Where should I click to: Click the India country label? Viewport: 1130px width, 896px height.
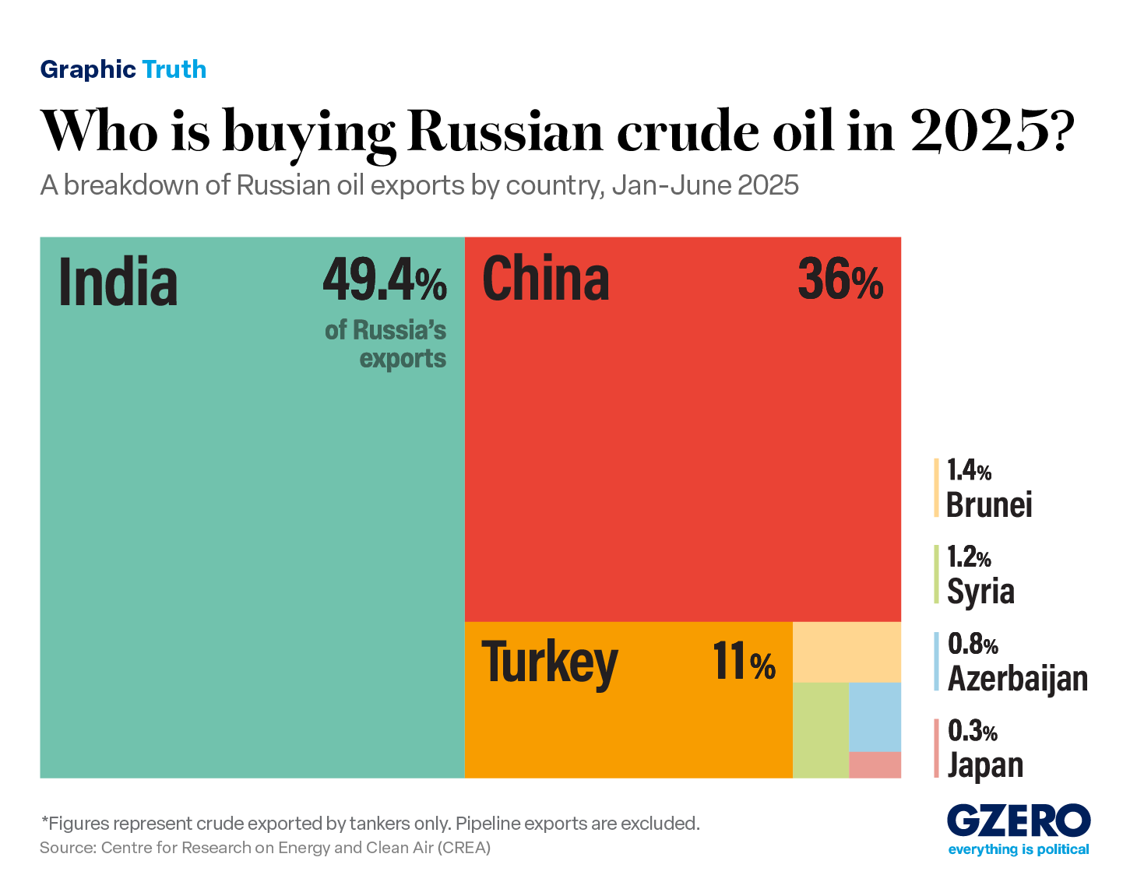tap(118, 281)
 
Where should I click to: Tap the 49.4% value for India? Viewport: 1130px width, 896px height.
tap(385, 281)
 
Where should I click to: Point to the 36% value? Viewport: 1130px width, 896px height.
tap(840, 280)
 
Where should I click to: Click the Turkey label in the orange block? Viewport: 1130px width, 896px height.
tap(550, 662)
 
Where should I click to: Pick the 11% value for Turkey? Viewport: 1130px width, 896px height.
tap(744, 662)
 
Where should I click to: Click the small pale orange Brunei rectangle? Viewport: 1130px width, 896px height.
tap(847, 652)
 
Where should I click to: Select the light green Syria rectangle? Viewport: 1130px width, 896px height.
tap(820, 729)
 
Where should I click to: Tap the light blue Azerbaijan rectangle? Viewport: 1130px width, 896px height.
tap(875, 716)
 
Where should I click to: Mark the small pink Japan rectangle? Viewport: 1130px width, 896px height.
tap(875, 764)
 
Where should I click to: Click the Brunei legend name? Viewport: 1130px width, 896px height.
tap(989, 505)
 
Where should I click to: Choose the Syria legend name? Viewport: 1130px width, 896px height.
tap(980, 591)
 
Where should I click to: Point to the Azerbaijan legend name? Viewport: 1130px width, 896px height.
tap(1017, 678)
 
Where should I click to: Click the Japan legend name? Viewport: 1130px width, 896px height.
tap(985, 765)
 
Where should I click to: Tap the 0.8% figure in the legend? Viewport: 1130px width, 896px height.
tap(973, 645)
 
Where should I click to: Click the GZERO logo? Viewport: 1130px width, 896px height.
tap(1019, 822)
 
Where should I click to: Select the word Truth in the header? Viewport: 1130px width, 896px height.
tap(174, 69)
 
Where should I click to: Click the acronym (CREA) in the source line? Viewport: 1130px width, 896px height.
tap(464, 848)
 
